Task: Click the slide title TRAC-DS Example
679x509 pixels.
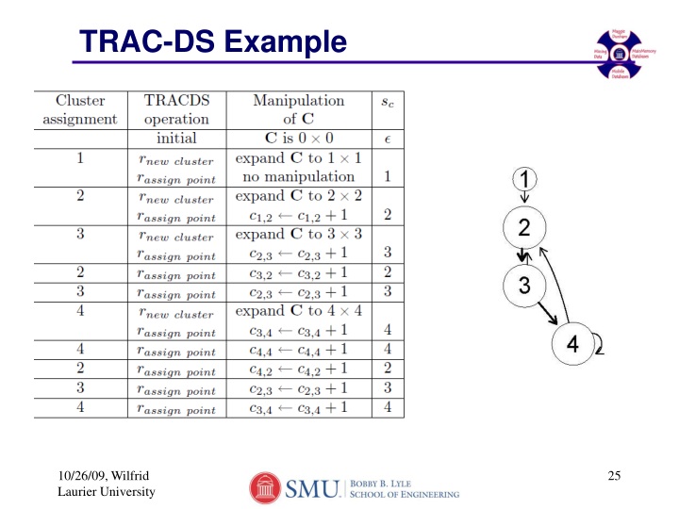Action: (x=211, y=41)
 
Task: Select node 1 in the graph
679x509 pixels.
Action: (x=524, y=178)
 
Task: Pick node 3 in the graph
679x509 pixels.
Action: (x=524, y=286)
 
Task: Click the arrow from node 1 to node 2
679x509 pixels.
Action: (x=524, y=199)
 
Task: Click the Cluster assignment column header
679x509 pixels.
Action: (x=80, y=109)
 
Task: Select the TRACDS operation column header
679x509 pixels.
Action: (x=176, y=109)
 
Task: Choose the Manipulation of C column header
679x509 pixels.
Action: (x=298, y=109)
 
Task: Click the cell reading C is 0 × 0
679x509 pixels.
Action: (x=298, y=139)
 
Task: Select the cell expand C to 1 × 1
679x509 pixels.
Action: (x=298, y=157)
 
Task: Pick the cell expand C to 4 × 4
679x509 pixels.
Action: (x=298, y=311)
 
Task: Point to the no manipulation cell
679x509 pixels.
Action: (x=298, y=176)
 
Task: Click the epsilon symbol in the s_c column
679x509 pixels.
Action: (x=388, y=139)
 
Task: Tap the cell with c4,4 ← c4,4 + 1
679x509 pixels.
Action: (x=298, y=349)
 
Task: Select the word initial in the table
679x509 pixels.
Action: (x=176, y=139)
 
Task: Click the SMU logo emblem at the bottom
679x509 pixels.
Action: (x=266, y=486)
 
